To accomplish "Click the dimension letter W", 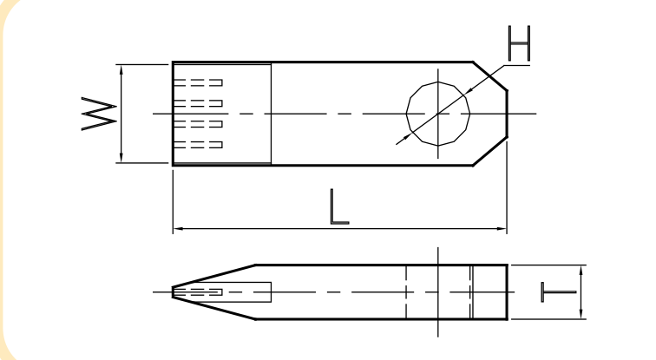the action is pos(99,114).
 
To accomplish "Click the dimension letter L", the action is pos(339,207).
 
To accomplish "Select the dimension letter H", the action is pos(519,43).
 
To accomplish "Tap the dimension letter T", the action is pos(559,291).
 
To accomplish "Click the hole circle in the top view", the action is pos(438,82).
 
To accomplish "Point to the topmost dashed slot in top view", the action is pos(198,82).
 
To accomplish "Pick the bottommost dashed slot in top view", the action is pos(198,145).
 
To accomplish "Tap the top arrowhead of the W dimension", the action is pos(121,69).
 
